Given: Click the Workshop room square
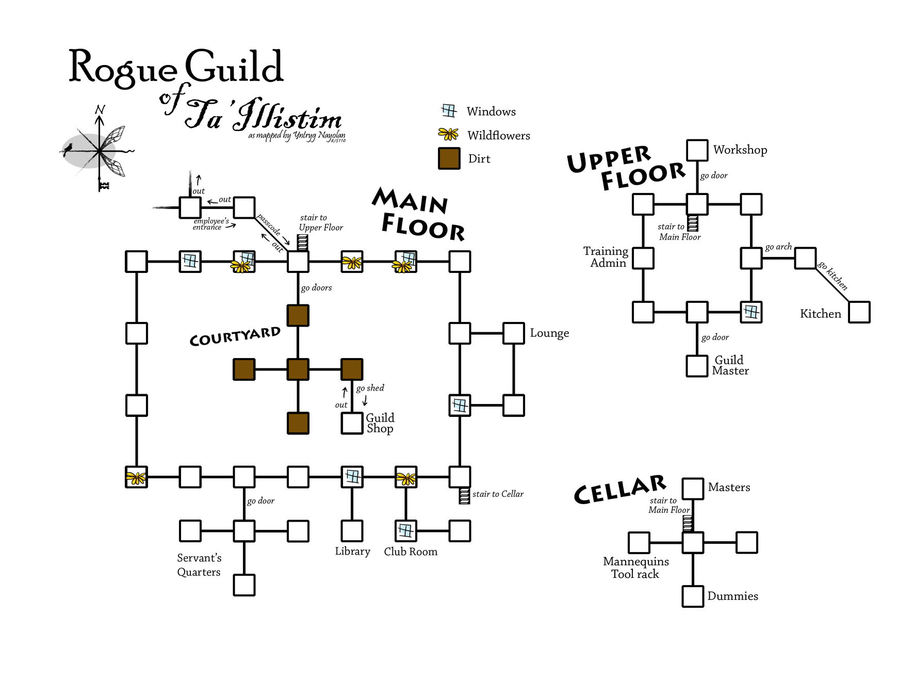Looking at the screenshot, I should pyautogui.click(x=697, y=150).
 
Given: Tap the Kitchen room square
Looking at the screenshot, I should pyautogui.click(x=859, y=312).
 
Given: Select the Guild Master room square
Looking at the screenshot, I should pyautogui.click(x=697, y=366).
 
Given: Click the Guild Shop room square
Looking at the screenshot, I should pyautogui.click(x=352, y=423).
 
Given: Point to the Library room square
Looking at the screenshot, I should pyautogui.click(x=352, y=531).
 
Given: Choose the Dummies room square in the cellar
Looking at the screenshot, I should pyautogui.click(x=693, y=596).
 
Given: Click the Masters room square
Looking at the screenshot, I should pyautogui.click(x=693, y=488).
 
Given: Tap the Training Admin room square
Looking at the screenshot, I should pyautogui.click(x=643, y=258).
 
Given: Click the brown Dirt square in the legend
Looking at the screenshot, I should pyautogui.click(x=449, y=158).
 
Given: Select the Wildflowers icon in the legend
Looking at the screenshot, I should pyautogui.click(x=448, y=135).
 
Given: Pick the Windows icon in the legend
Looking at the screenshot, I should pyautogui.click(x=449, y=111).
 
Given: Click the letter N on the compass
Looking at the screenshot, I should pyautogui.click(x=100, y=109).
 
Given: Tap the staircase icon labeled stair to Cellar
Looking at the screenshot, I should pyautogui.click(x=464, y=495).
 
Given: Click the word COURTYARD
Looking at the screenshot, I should pyautogui.click(x=235, y=336).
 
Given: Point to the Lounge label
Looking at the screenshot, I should pyautogui.click(x=549, y=333).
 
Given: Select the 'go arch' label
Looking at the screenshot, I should pyautogui.click(x=778, y=247).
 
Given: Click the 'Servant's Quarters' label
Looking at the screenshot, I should pyautogui.click(x=199, y=565).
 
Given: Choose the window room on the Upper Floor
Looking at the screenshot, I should pyautogui.click(x=751, y=312).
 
